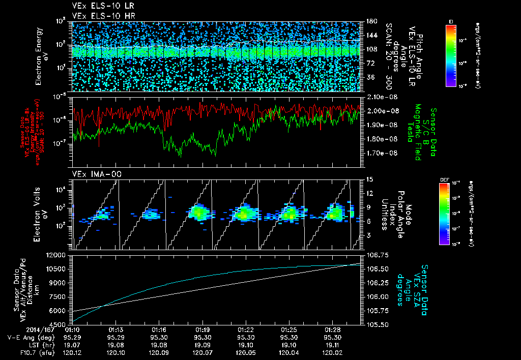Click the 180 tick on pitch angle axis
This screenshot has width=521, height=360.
370,21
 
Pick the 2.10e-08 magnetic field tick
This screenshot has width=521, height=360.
378,97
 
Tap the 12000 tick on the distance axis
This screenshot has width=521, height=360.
57,255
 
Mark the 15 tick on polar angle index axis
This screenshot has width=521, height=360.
370,179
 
